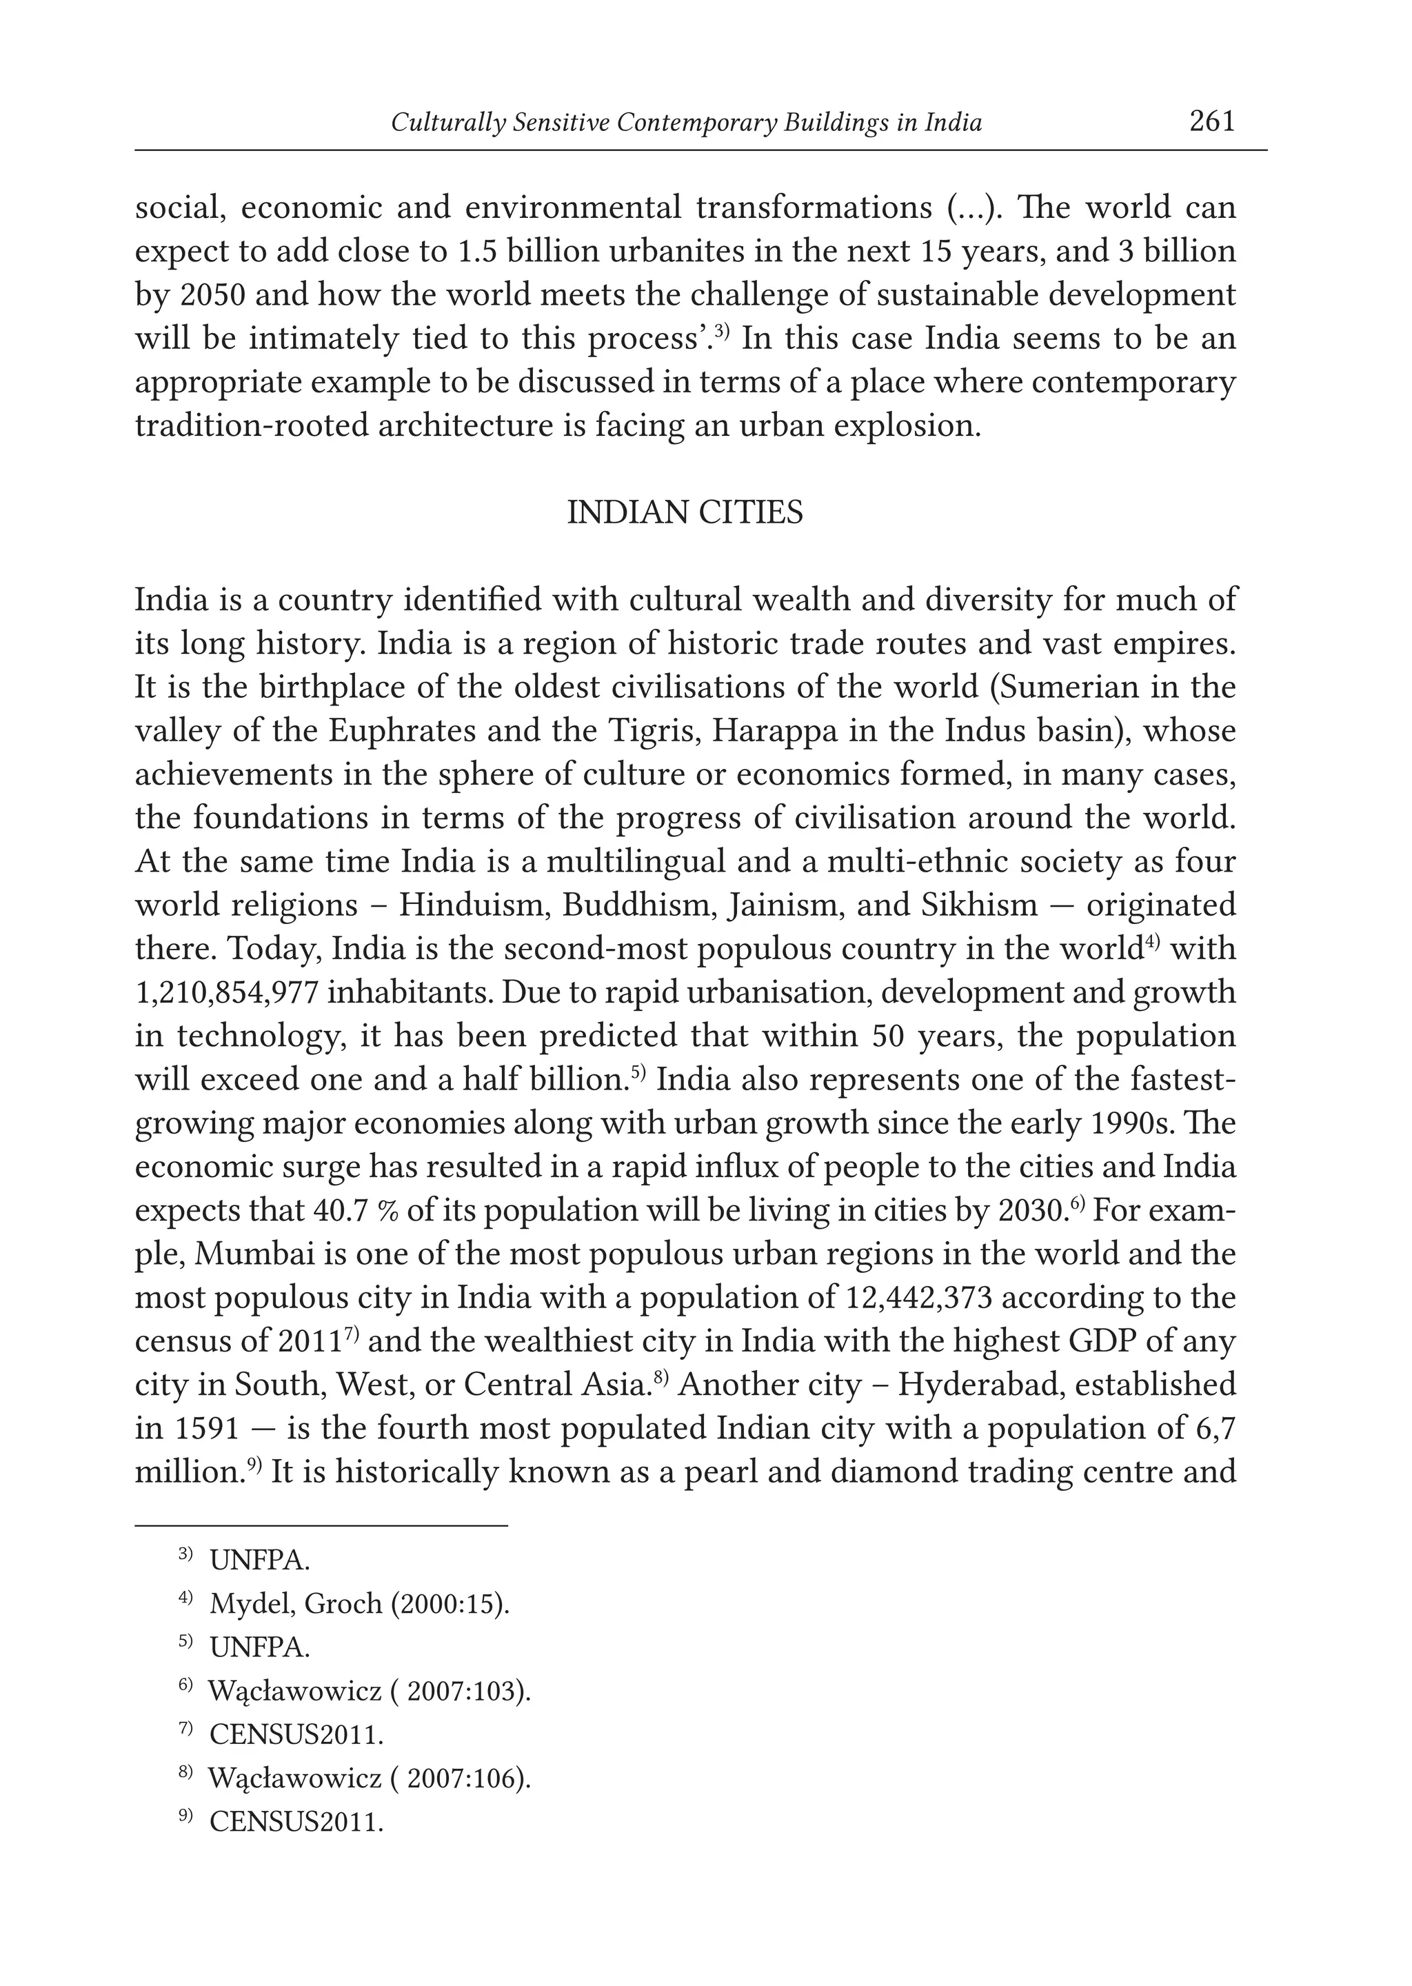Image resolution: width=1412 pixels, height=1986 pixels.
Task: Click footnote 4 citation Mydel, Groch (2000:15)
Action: (359, 1603)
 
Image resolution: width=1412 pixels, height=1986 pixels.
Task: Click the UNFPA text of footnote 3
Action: (259, 1560)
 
